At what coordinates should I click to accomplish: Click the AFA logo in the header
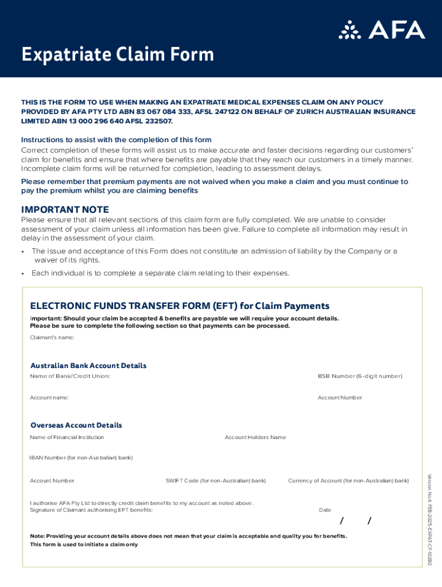pos(382,30)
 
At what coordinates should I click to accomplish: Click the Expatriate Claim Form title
pos(118,55)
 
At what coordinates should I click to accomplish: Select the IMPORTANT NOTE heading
pos(65,210)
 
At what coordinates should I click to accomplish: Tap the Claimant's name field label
pos(52,337)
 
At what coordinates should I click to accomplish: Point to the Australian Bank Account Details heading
pos(88,366)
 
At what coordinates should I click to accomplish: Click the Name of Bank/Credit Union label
pos(70,376)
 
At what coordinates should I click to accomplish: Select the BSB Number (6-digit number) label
pos(360,376)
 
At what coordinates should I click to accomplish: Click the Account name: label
pos(49,397)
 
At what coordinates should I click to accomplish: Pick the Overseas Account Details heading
pos(76,425)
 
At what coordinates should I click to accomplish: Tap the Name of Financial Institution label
pos(67,437)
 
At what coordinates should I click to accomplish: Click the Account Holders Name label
pos(255,437)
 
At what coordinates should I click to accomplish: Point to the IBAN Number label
pos(81,457)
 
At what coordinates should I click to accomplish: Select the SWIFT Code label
pos(216,480)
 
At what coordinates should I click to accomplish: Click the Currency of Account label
pos(348,480)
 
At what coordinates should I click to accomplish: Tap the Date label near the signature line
pos(325,510)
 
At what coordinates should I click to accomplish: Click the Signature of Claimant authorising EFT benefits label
pos(91,510)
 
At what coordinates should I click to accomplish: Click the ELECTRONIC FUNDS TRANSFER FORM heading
pos(180,306)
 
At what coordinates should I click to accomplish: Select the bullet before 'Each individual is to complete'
pos(22,273)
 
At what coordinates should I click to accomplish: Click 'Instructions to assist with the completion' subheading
pos(116,140)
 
